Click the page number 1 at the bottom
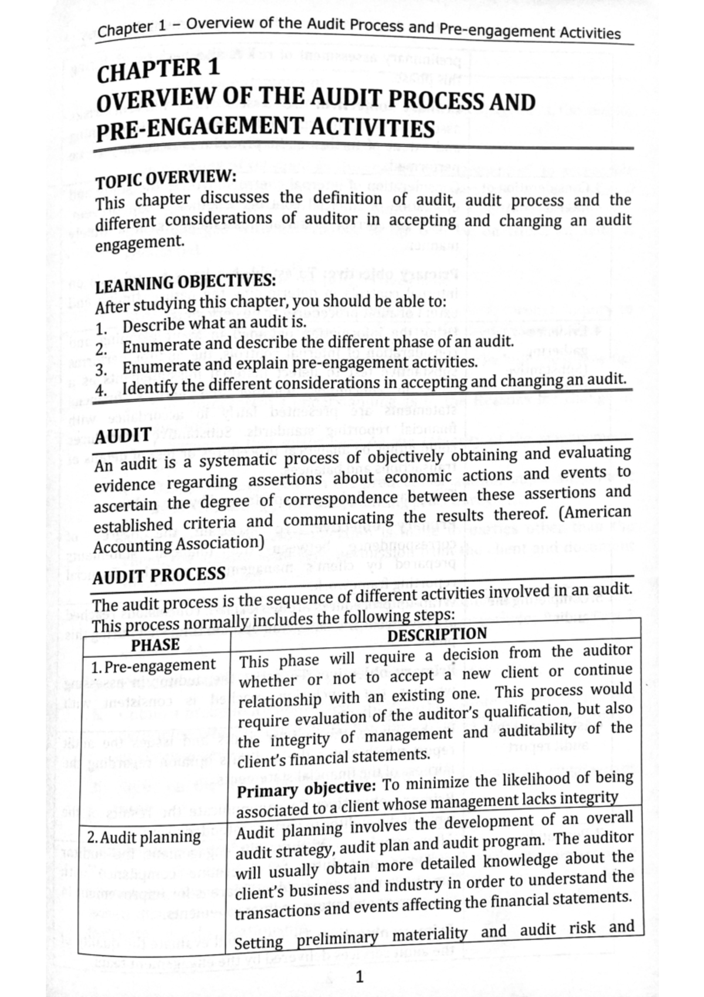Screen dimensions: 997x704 (x=360, y=977)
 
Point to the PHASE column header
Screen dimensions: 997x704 (x=155, y=645)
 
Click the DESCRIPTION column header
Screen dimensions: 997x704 (x=437, y=635)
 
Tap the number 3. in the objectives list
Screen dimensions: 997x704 (x=100, y=370)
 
